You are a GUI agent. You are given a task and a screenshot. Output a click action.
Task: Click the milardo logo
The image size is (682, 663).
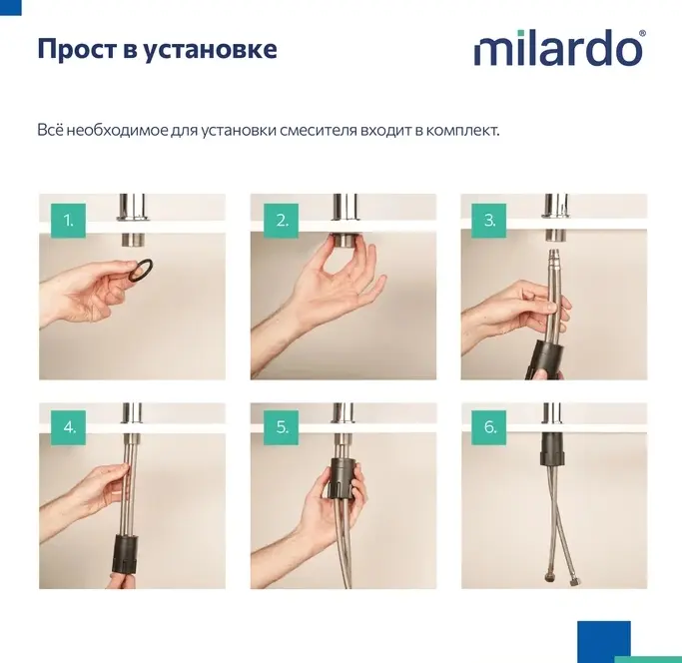560,48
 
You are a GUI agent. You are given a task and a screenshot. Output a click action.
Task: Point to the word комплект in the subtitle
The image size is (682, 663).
462,131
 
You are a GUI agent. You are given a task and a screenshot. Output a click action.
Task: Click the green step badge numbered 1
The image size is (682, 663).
68,221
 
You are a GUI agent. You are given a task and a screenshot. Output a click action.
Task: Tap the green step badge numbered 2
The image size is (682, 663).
281,221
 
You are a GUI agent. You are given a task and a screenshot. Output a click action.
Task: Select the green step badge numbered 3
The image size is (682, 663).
489,221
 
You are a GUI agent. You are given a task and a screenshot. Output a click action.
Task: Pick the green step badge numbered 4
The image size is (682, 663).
68,427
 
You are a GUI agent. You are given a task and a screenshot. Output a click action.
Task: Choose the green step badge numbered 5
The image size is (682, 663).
281,427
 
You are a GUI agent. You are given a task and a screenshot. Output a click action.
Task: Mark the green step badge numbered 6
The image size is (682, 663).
489,427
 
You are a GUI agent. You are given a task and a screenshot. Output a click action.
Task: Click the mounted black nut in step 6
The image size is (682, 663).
553,448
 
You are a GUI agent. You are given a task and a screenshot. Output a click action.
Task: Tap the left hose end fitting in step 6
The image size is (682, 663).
548,578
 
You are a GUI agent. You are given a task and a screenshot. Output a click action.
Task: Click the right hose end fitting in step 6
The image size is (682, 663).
573,580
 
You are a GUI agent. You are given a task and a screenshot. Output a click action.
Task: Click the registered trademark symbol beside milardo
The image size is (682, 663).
642,34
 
